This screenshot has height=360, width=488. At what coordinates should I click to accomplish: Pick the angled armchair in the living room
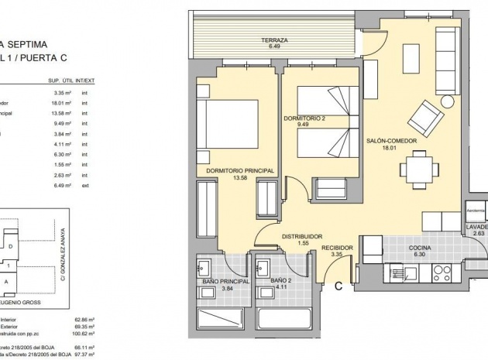click(x=424, y=117)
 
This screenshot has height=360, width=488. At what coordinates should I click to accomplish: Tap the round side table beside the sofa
click(x=447, y=102)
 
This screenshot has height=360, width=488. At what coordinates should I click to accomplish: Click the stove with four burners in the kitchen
click(x=442, y=273)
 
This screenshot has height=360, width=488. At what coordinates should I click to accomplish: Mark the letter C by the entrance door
click(x=339, y=285)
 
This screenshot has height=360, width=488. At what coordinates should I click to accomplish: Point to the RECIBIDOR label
click(x=337, y=248)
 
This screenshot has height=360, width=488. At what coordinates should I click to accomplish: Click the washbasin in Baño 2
click(x=266, y=270)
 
